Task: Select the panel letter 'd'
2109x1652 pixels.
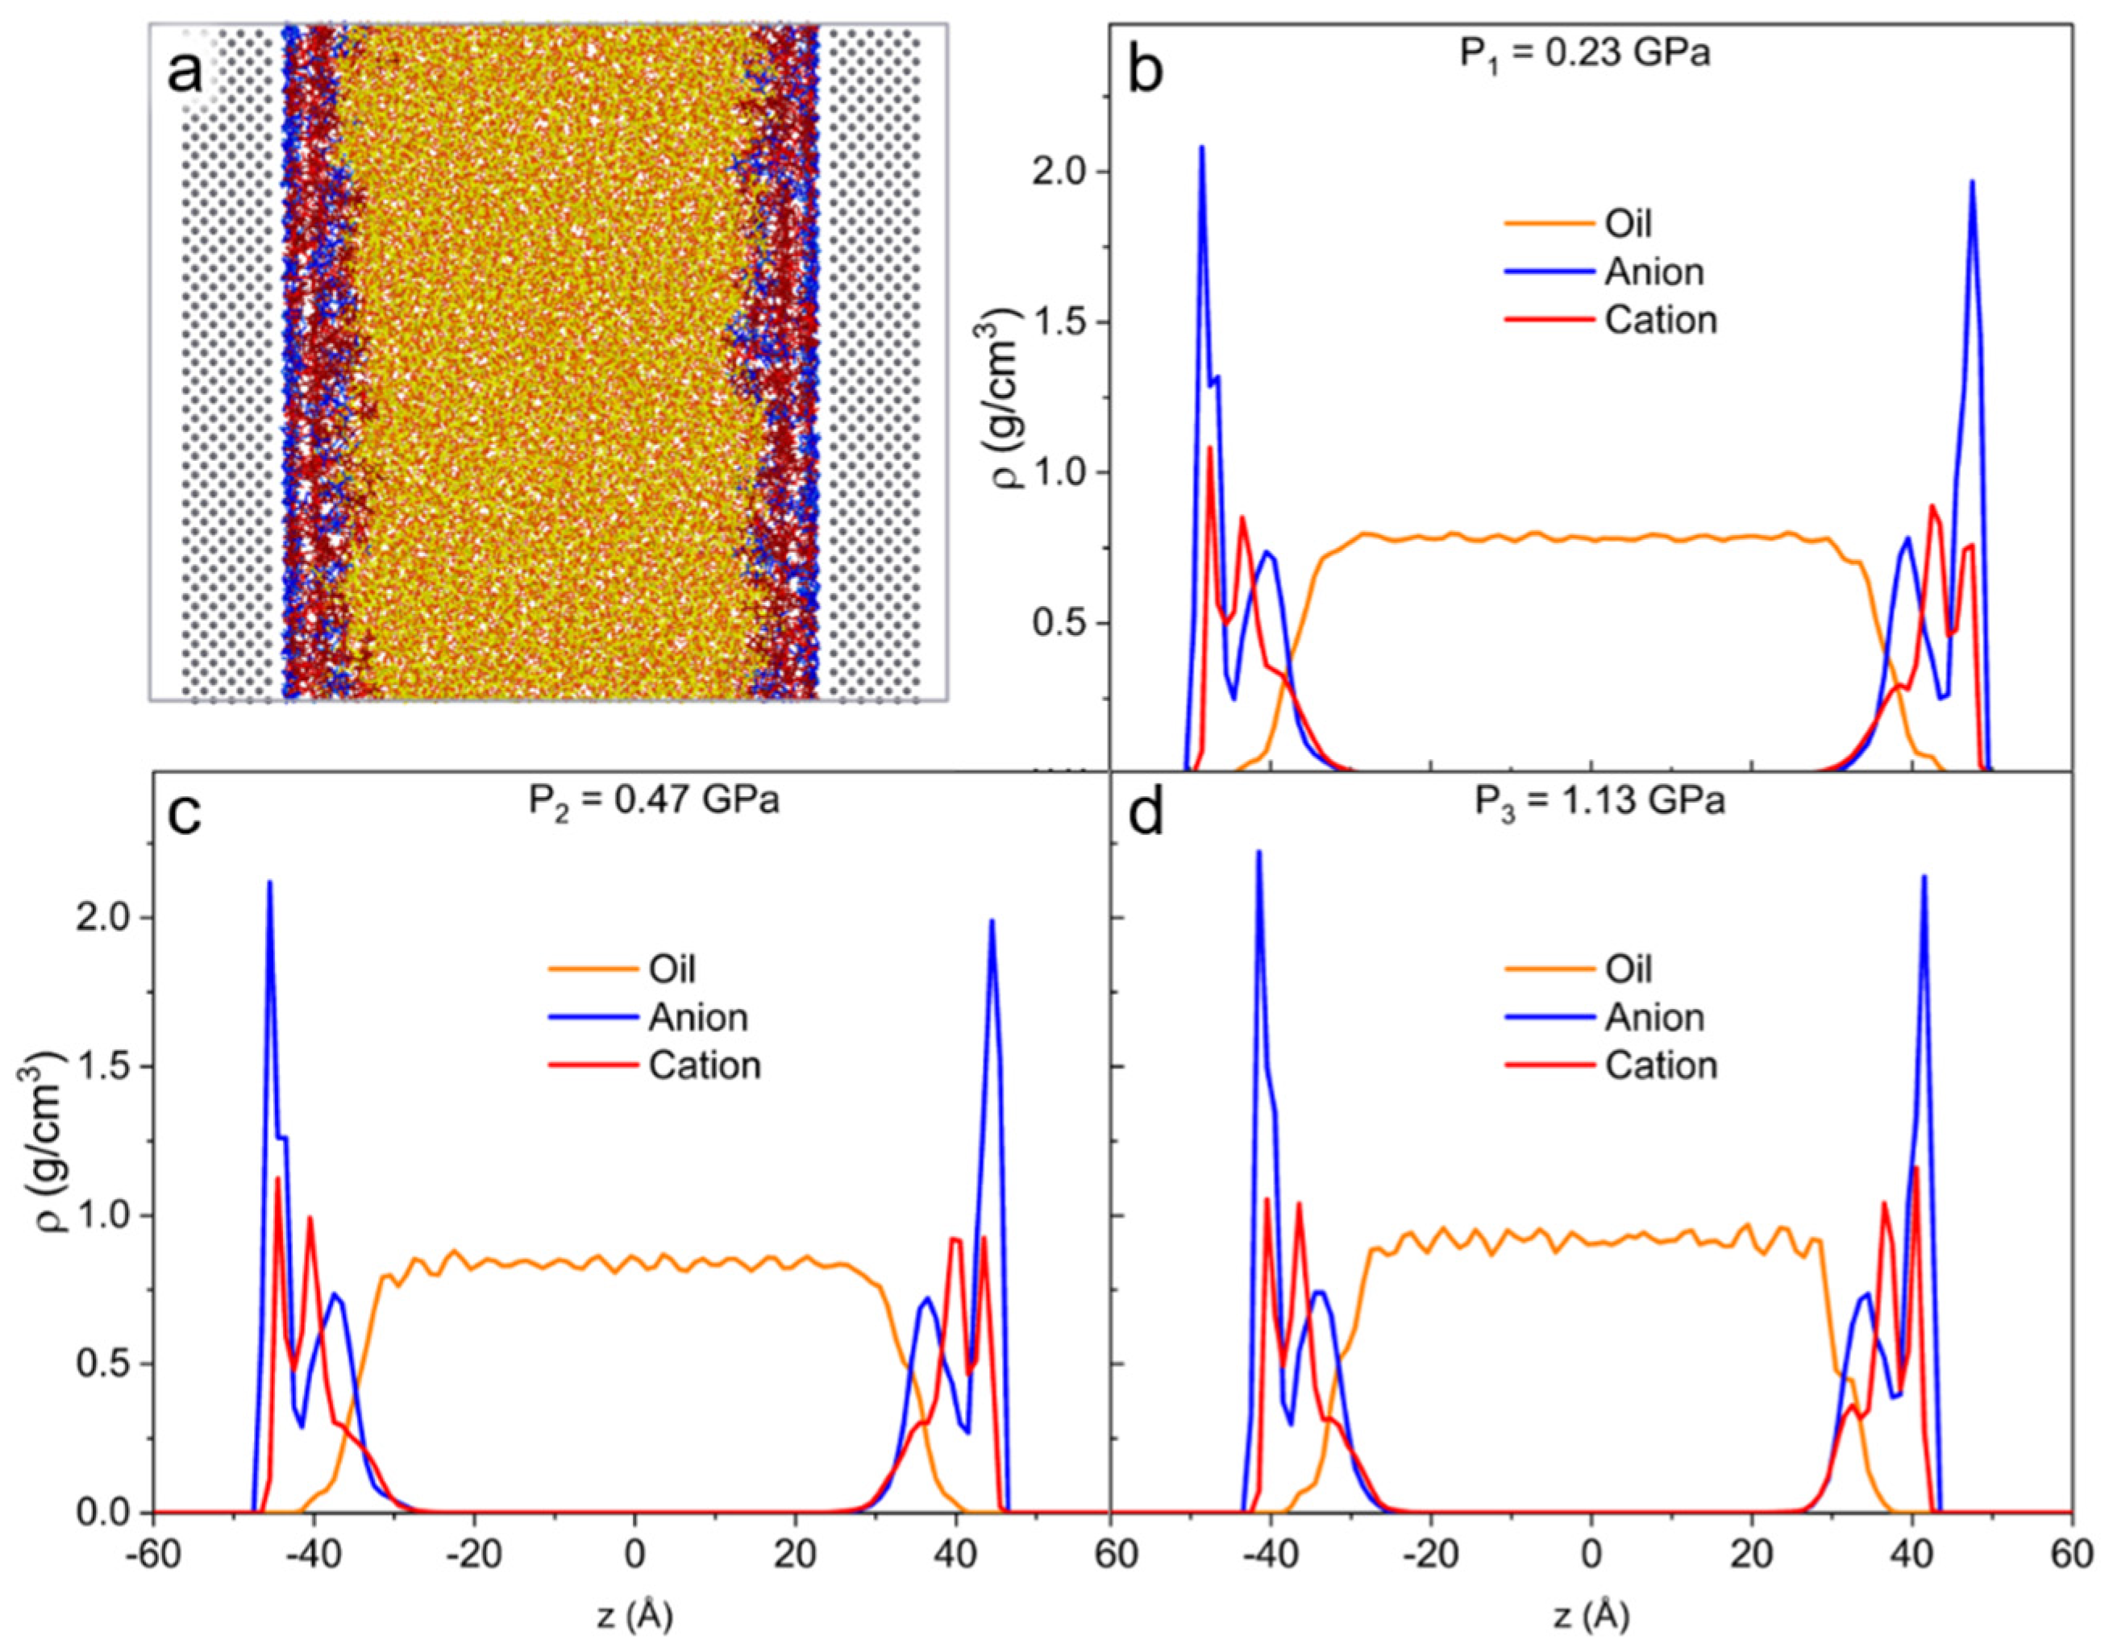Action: [1146, 813]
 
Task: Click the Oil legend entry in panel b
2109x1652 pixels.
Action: [1627, 224]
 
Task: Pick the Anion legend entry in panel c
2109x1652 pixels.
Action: [697, 1018]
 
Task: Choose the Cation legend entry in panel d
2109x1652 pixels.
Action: [1660, 1066]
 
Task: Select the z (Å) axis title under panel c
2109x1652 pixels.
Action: [634, 1615]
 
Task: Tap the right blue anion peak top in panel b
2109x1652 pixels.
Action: [1972, 182]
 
